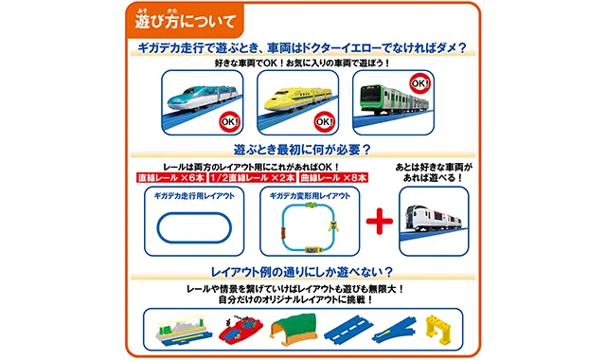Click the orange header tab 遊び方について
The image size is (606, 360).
(x=185, y=20)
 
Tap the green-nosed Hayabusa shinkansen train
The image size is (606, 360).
(x=202, y=97)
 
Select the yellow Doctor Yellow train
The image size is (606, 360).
(x=297, y=99)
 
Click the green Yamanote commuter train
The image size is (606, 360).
(x=394, y=100)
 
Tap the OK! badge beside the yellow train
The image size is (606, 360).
(x=324, y=122)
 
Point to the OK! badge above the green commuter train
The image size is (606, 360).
(x=419, y=84)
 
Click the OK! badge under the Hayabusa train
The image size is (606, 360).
(x=229, y=122)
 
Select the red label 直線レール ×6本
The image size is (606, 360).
(x=171, y=178)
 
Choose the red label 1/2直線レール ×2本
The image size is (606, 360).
(x=253, y=178)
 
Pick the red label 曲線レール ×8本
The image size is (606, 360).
(x=334, y=178)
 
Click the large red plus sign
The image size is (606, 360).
(x=380, y=221)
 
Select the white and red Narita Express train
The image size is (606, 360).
(x=434, y=218)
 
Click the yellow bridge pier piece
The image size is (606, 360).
(x=437, y=330)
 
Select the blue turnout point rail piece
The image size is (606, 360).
(x=394, y=331)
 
